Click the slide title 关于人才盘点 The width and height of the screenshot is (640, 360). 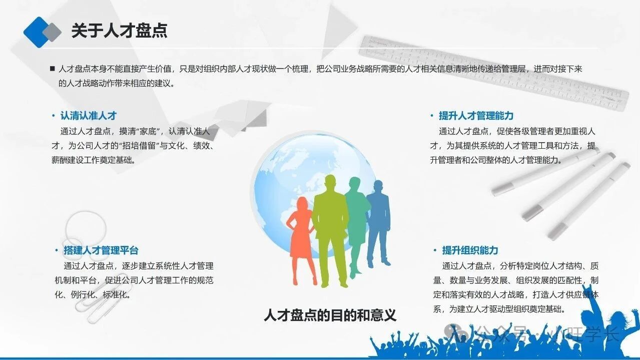pos(119,31)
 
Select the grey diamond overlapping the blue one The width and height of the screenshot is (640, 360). pos(52,32)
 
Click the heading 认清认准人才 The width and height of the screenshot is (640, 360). pos(88,116)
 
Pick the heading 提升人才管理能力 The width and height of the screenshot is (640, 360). pos(476,116)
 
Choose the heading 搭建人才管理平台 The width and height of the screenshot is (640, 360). pos(101,250)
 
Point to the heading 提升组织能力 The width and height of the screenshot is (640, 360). pos(470,250)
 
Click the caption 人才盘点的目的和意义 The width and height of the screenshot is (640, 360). pos(330,315)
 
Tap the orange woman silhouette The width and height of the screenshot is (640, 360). pos(301,241)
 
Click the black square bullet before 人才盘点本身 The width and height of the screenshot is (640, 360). pos(52,69)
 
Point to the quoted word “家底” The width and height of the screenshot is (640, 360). pos(148,132)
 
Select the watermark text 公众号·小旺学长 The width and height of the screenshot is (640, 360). pos(531,333)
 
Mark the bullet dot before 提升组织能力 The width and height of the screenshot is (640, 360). pos(435,250)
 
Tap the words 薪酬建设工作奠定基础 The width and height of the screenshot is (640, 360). pos(92,160)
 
